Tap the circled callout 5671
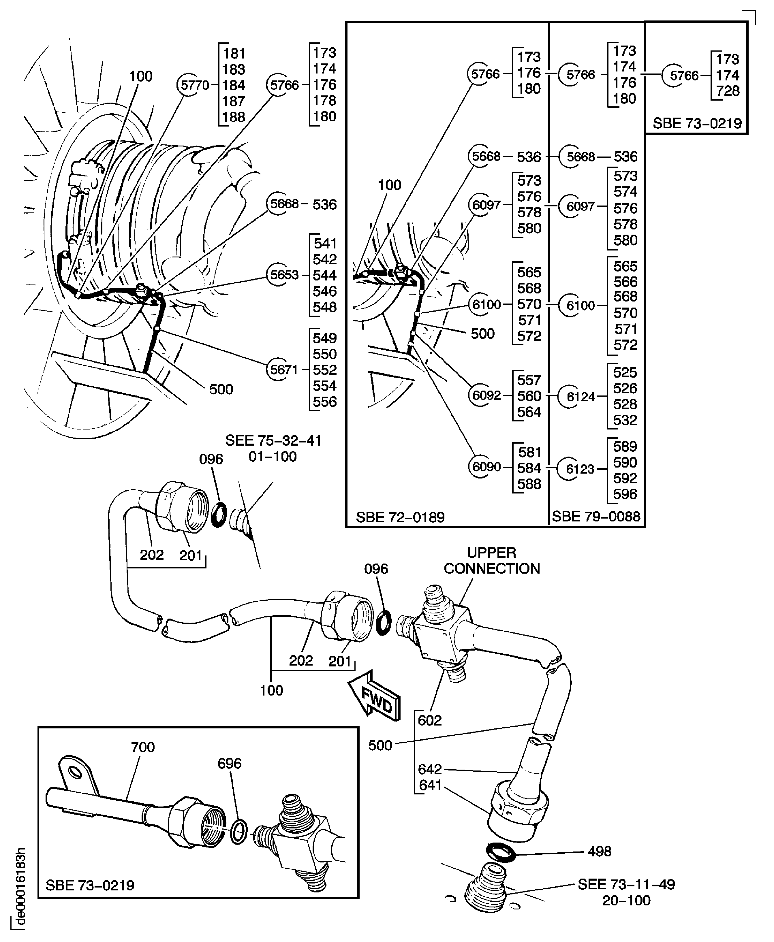coord(284,370)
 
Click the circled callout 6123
coord(580,469)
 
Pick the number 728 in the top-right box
coord(727,91)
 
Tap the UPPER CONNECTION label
coord(491,561)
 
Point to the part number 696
coord(229,764)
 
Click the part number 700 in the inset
coord(143,747)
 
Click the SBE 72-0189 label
coord(400,517)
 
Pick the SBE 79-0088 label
coord(596,517)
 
